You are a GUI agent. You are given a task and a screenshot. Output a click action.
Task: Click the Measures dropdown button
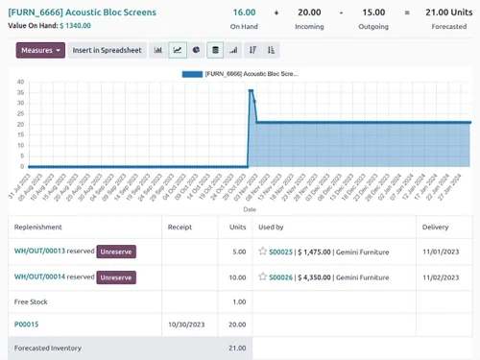point(40,50)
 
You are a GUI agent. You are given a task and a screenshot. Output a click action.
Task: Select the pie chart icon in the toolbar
point(196,50)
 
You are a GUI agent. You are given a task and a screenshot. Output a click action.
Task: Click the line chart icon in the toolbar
point(178,50)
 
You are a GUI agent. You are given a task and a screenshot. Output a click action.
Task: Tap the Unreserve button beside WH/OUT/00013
point(116,252)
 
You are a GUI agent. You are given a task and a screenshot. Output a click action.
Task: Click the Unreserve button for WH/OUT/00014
point(116,277)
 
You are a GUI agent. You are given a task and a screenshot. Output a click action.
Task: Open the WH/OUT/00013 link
point(39,252)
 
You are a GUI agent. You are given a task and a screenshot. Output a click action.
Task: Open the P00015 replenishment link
point(28,324)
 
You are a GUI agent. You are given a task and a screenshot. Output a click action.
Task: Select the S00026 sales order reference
point(280,277)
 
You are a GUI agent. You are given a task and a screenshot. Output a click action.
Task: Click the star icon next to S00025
point(262,252)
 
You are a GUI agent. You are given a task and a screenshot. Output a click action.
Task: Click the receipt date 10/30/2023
point(186,324)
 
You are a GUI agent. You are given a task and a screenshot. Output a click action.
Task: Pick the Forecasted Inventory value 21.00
point(236,348)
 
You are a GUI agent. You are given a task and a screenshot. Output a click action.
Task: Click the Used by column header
point(272,228)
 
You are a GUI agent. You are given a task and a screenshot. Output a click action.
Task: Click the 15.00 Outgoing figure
point(373,12)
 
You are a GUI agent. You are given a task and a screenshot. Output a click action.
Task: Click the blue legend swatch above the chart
point(192,73)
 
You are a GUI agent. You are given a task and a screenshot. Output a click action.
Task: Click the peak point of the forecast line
point(251,91)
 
